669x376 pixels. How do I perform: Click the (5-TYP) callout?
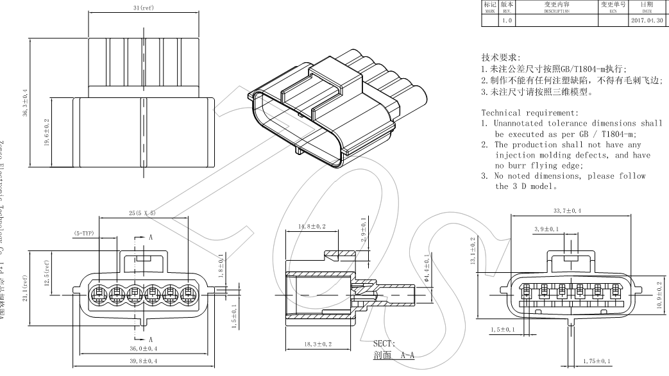click(83, 234)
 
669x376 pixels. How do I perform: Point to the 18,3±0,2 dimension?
click(318, 344)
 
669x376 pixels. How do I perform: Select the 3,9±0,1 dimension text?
click(546, 229)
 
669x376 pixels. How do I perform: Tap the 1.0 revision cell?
click(507, 20)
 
